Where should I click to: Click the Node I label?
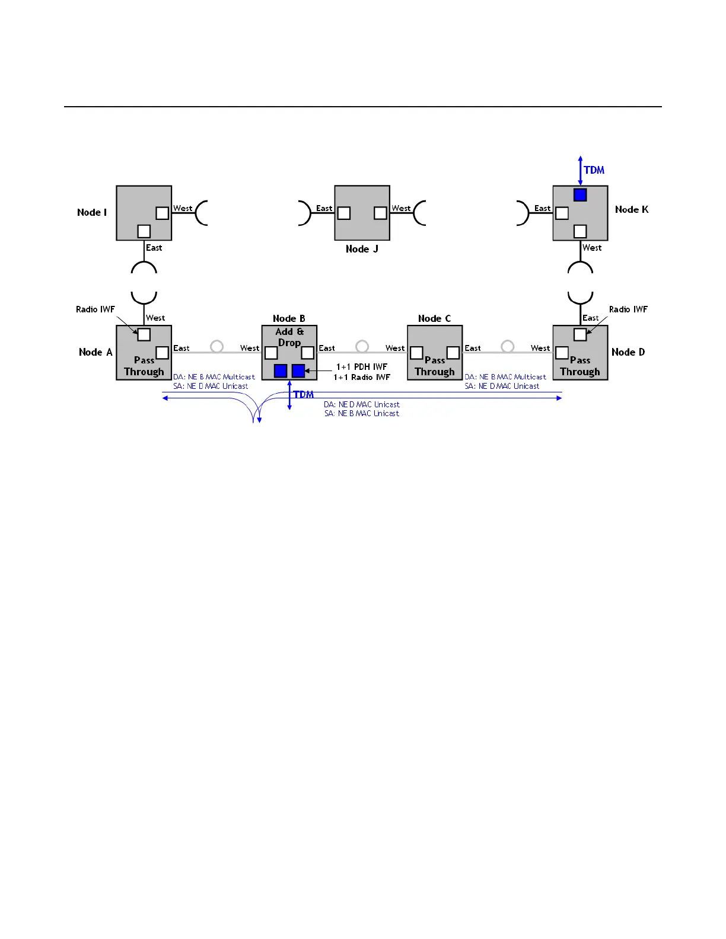(92, 212)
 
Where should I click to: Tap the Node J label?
(362, 249)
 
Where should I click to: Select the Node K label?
(632, 209)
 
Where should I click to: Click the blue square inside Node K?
(580, 194)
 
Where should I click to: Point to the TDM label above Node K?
(594, 170)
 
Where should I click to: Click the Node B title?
(289, 318)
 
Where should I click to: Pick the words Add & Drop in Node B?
(289, 337)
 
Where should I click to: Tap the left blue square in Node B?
(281, 371)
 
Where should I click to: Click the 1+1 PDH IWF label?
(362, 367)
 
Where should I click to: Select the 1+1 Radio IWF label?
(362, 377)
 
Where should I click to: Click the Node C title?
(434, 318)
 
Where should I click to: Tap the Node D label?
(628, 352)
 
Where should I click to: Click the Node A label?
(95, 352)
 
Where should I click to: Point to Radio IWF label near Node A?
(95, 309)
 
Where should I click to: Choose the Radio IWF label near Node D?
(628, 309)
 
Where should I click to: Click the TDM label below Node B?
(304, 395)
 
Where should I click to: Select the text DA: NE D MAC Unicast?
(362, 404)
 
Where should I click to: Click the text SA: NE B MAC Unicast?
(362, 413)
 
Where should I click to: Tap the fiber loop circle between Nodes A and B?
(217, 346)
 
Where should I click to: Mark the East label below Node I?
(154, 248)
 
